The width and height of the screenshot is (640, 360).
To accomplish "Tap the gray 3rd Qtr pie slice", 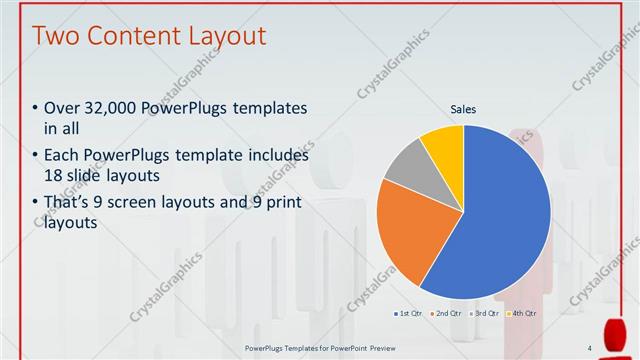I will [407, 165].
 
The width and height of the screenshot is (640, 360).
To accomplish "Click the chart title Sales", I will [463, 109].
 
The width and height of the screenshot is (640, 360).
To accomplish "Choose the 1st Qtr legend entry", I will [409, 313].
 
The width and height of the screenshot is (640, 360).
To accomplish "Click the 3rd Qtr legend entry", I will [484, 313].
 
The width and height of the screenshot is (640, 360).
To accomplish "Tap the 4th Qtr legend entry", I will [521, 313].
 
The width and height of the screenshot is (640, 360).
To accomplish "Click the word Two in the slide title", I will [58, 37].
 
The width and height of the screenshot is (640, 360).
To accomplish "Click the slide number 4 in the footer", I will [589, 348].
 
